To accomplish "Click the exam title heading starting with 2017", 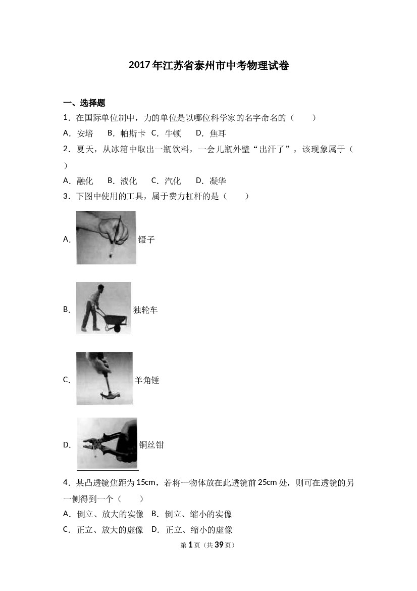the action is click(209, 65).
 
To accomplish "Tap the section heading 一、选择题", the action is click(84, 103).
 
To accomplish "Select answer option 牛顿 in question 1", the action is click(173, 133).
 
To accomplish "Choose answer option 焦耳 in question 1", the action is click(218, 133).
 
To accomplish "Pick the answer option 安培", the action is click(85, 133).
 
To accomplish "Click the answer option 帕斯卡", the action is click(133, 133).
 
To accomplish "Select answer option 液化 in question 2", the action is click(129, 181).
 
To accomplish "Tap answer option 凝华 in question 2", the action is click(218, 181).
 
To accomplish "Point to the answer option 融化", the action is click(85, 181).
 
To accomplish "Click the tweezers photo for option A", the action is click(106, 238).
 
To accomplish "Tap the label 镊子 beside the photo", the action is click(146, 239).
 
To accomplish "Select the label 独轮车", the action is click(145, 310).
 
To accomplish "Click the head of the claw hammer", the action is click(110, 395).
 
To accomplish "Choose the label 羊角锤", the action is click(147, 380).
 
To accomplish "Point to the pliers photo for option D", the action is click(107, 443).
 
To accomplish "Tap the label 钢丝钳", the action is click(151, 445).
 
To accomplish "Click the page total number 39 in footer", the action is click(219, 544).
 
